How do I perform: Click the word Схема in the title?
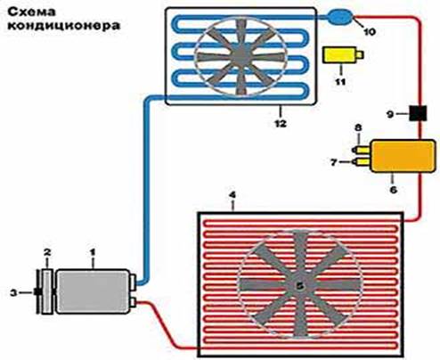(x=32, y=12)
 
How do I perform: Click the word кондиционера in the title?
(x=64, y=26)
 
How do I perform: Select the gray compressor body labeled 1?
(x=93, y=291)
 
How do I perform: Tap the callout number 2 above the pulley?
(x=47, y=253)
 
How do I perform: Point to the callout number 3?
(x=13, y=293)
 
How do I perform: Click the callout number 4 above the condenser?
(x=232, y=195)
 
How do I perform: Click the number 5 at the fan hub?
(x=300, y=286)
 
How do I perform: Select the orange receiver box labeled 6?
(x=403, y=156)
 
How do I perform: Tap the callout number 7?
(x=334, y=162)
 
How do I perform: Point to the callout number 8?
(x=358, y=128)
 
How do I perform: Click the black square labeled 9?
(x=418, y=113)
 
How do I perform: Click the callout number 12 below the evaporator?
(x=281, y=123)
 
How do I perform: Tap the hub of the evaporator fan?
(x=240, y=55)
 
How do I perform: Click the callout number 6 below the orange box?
(x=393, y=190)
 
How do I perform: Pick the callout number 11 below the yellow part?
(x=340, y=81)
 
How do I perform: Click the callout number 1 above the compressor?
(x=93, y=253)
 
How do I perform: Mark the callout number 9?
(x=391, y=114)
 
